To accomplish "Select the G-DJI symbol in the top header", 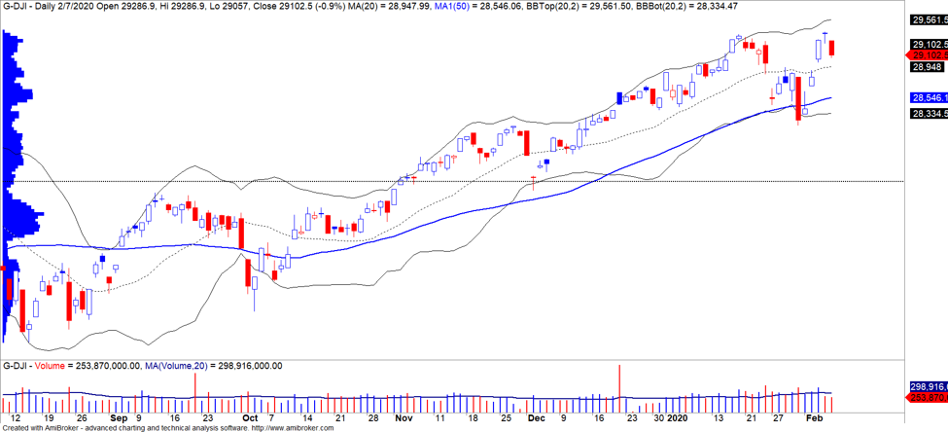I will click(x=17, y=6).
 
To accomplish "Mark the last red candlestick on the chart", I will click(x=832, y=48).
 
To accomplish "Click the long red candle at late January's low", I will click(x=798, y=98).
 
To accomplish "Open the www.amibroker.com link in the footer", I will click(x=292, y=427).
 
